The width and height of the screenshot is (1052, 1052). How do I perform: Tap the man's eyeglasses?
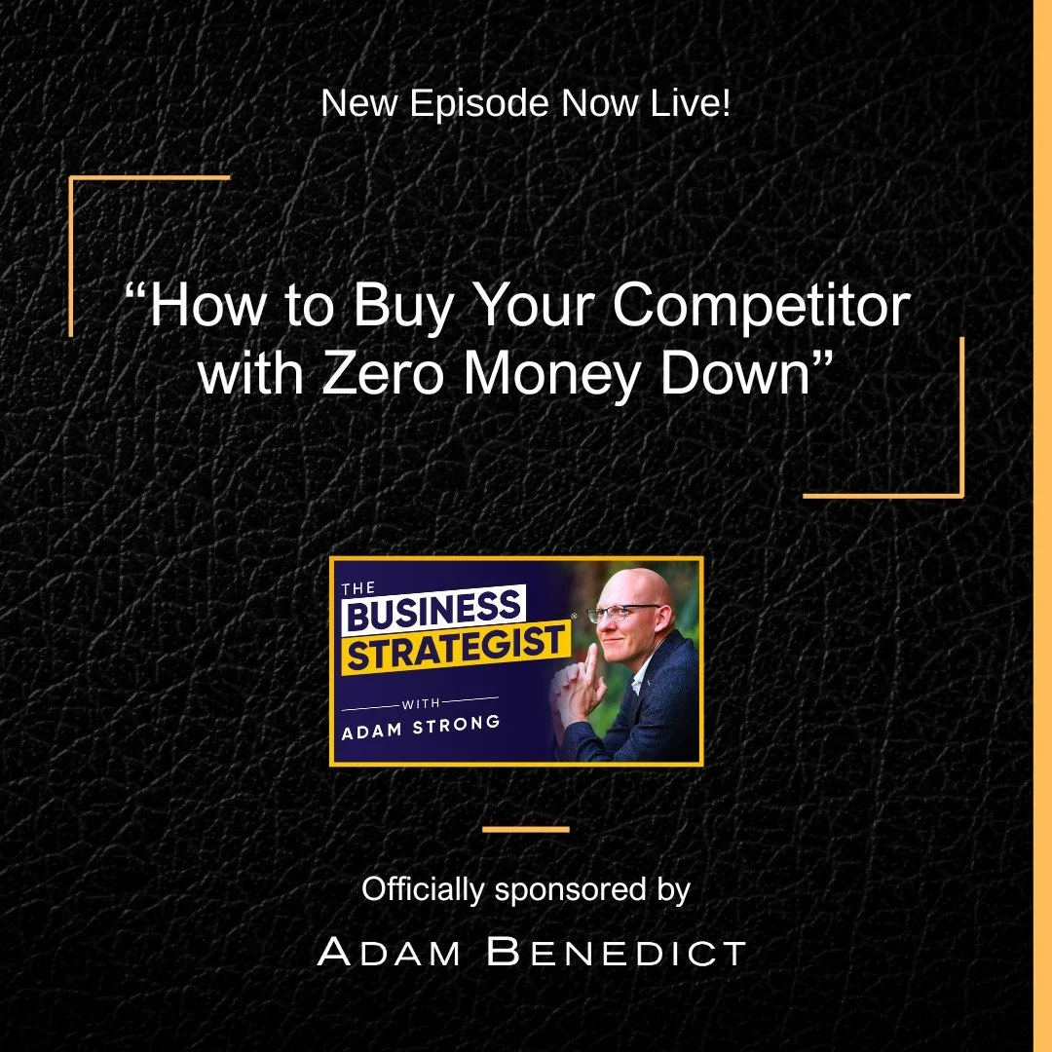pyautogui.click(x=622, y=613)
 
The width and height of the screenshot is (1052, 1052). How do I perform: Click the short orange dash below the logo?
pyautogui.click(x=526, y=830)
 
